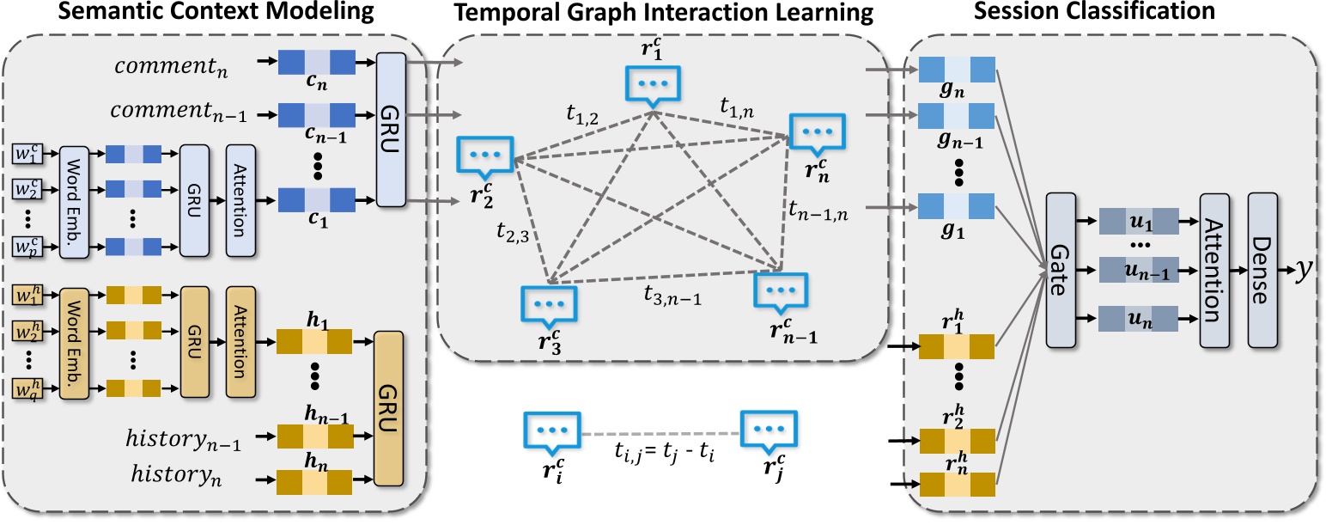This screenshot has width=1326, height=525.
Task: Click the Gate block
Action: pyautogui.click(x=1062, y=271)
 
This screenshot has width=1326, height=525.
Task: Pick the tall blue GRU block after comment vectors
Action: pyautogui.click(x=391, y=129)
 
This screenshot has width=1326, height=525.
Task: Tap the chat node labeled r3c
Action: pyautogui.click(x=549, y=304)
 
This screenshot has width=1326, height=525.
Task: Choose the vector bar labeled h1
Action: pyautogui.click(x=315, y=344)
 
